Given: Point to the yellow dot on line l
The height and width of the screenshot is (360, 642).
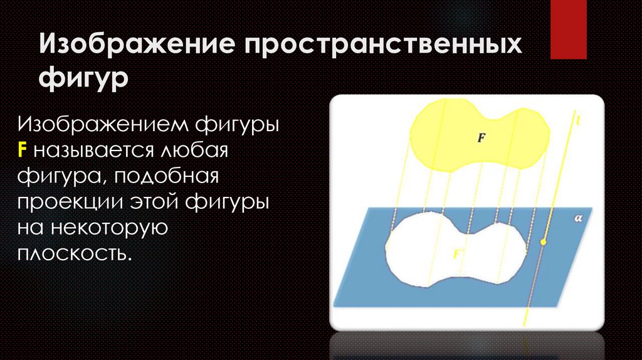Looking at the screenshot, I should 544,242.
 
